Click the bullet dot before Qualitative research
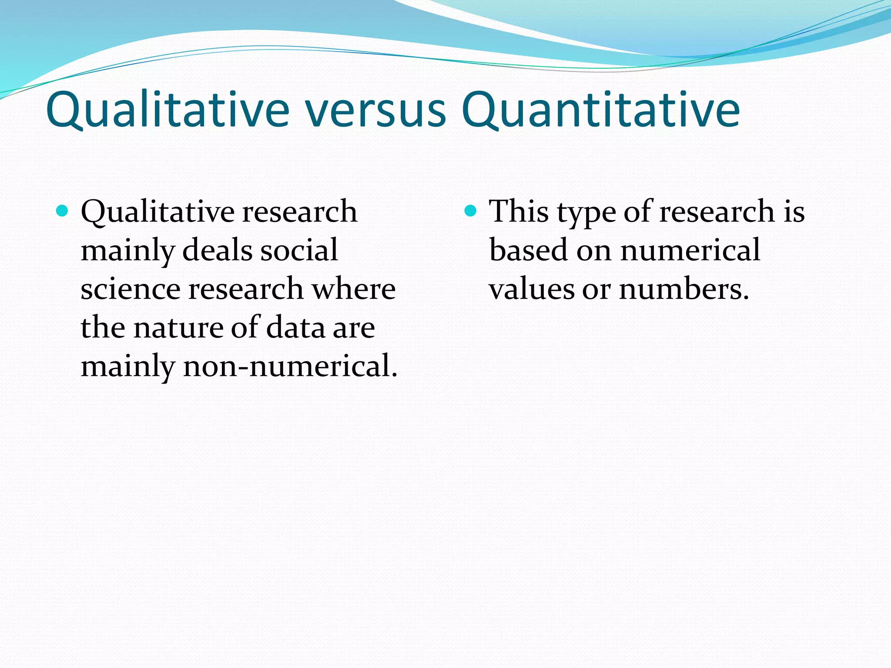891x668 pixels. [x=63, y=211]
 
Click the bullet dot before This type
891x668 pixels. [x=471, y=211]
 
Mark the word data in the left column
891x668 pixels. [x=295, y=328]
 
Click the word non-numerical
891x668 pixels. [x=290, y=366]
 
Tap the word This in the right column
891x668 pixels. [x=519, y=212]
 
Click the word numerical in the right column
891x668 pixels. [x=690, y=250]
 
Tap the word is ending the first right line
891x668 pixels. [x=794, y=212]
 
